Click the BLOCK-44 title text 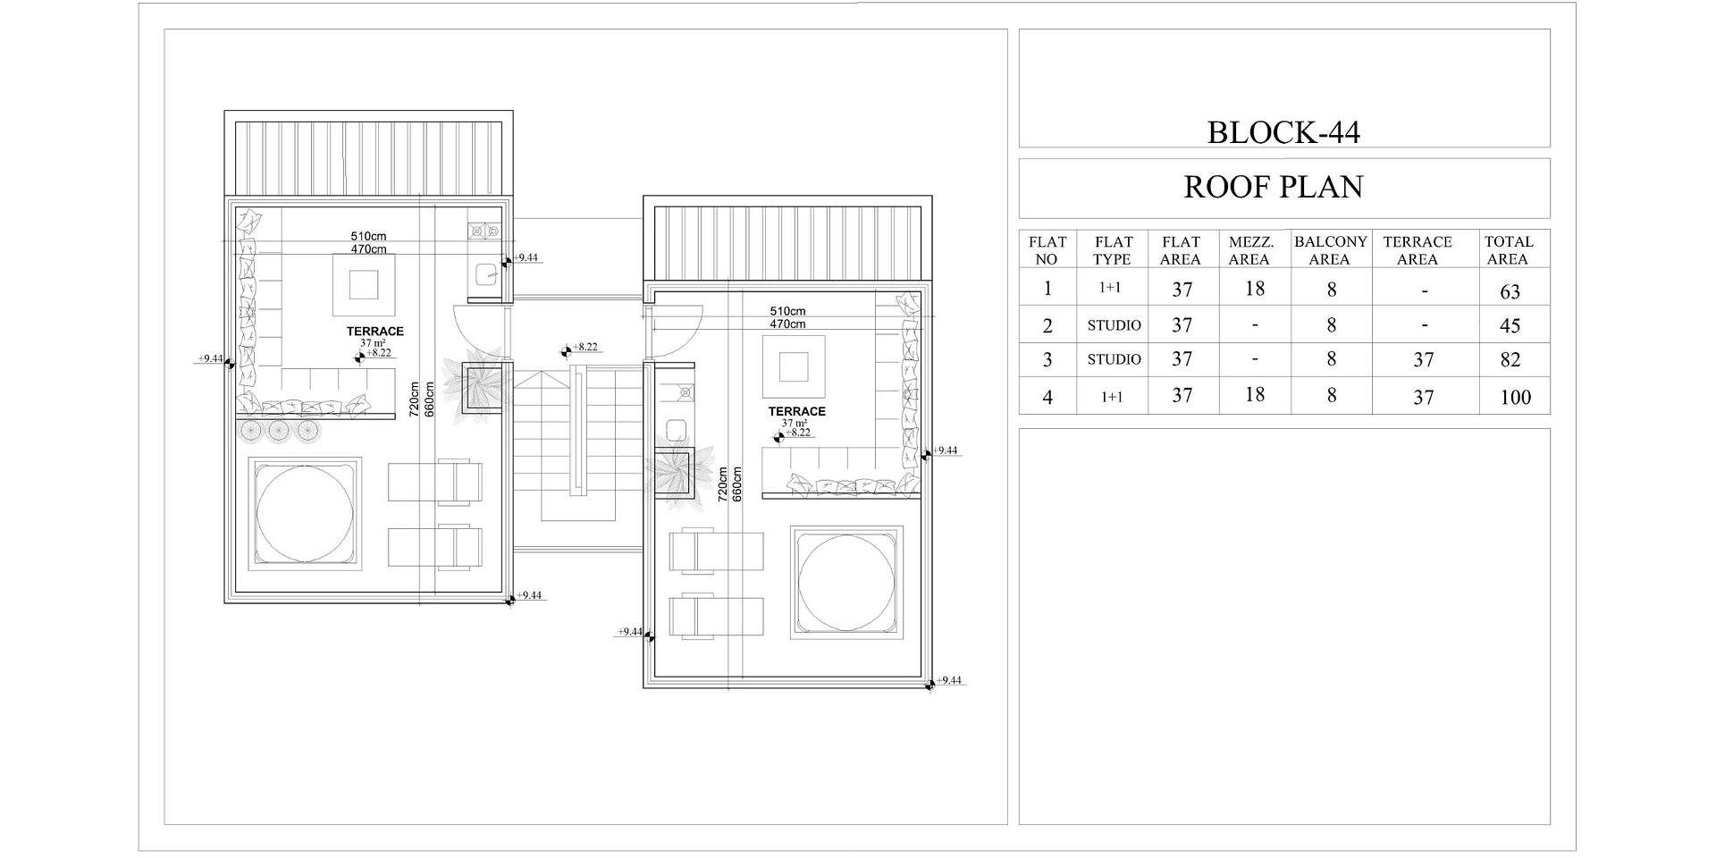click(x=1283, y=132)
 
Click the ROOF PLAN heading click(x=1274, y=187)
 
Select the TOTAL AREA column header click(x=1509, y=250)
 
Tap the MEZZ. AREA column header click(x=1250, y=250)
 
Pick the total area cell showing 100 click(x=1515, y=398)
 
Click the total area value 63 click(x=1510, y=291)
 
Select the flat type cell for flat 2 click(x=1114, y=325)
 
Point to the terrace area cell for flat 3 click(x=1423, y=360)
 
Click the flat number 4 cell click(x=1047, y=397)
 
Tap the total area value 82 click(x=1510, y=360)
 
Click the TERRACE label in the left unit click(x=375, y=332)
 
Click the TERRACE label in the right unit click(x=797, y=412)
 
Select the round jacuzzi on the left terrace click(x=305, y=513)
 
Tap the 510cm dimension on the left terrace click(x=368, y=237)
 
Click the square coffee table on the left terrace click(x=364, y=285)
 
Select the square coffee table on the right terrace click(x=793, y=367)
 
